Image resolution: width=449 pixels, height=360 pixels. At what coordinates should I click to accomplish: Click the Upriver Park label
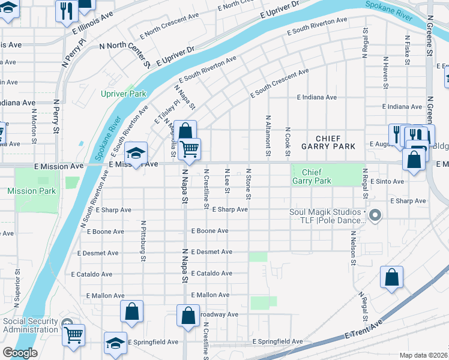pyautogui.click(x=124, y=94)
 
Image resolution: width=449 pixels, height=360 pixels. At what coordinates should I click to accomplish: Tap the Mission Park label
pyautogui.click(x=32, y=191)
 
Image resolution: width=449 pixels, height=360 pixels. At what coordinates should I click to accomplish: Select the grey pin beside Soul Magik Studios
pyautogui.click(x=376, y=215)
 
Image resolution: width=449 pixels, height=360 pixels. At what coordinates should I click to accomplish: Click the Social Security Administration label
pyautogui.click(x=31, y=325)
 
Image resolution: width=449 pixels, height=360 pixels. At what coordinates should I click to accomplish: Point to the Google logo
pyautogui.click(x=20, y=353)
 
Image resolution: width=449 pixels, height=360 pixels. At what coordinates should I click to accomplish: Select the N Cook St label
pyautogui.click(x=288, y=143)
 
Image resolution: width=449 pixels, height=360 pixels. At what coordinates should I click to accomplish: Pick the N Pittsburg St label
pyautogui.click(x=143, y=241)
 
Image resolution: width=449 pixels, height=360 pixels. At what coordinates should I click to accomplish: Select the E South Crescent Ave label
pyautogui.click(x=279, y=82)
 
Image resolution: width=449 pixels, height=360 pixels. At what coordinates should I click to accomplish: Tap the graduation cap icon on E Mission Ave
pyautogui.click(x=136, y=153)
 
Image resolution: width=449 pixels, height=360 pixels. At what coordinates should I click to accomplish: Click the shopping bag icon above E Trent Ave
pyautogui.click(x=391, y=277)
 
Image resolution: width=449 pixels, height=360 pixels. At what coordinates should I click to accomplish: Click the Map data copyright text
pyautogui.click(x=424, y=355)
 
